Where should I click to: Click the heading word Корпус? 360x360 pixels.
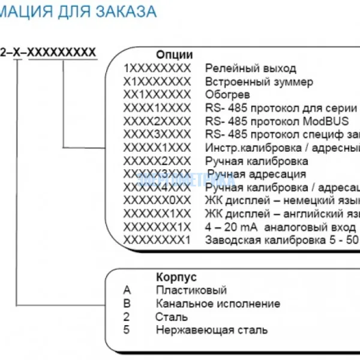pos(176,278)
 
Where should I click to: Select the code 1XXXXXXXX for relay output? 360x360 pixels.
pos(157,68)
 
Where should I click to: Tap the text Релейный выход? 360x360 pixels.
pos(251,68)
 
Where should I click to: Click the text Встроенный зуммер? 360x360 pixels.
pos(259,82)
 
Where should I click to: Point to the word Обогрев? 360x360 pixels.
pos(227,95)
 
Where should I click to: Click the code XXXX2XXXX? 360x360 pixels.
pos(157,121)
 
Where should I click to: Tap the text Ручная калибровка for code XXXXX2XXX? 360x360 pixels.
pos(257,161)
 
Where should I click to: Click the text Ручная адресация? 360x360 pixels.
pos(256,174)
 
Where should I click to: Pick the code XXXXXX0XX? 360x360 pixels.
pos(157,200)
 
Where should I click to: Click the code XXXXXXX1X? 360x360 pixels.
pos(157,227)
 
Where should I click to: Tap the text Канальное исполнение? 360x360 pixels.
pos(218,304)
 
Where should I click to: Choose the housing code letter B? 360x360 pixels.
pos(127,304)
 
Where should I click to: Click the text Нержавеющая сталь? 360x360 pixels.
pos(212,330)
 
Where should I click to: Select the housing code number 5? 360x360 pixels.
pos(127,330)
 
